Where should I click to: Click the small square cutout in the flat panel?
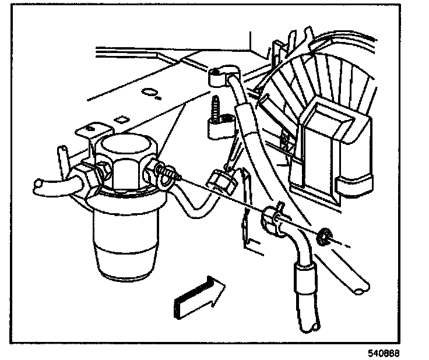coord(121,119)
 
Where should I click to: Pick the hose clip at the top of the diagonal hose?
coord(217,74)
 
